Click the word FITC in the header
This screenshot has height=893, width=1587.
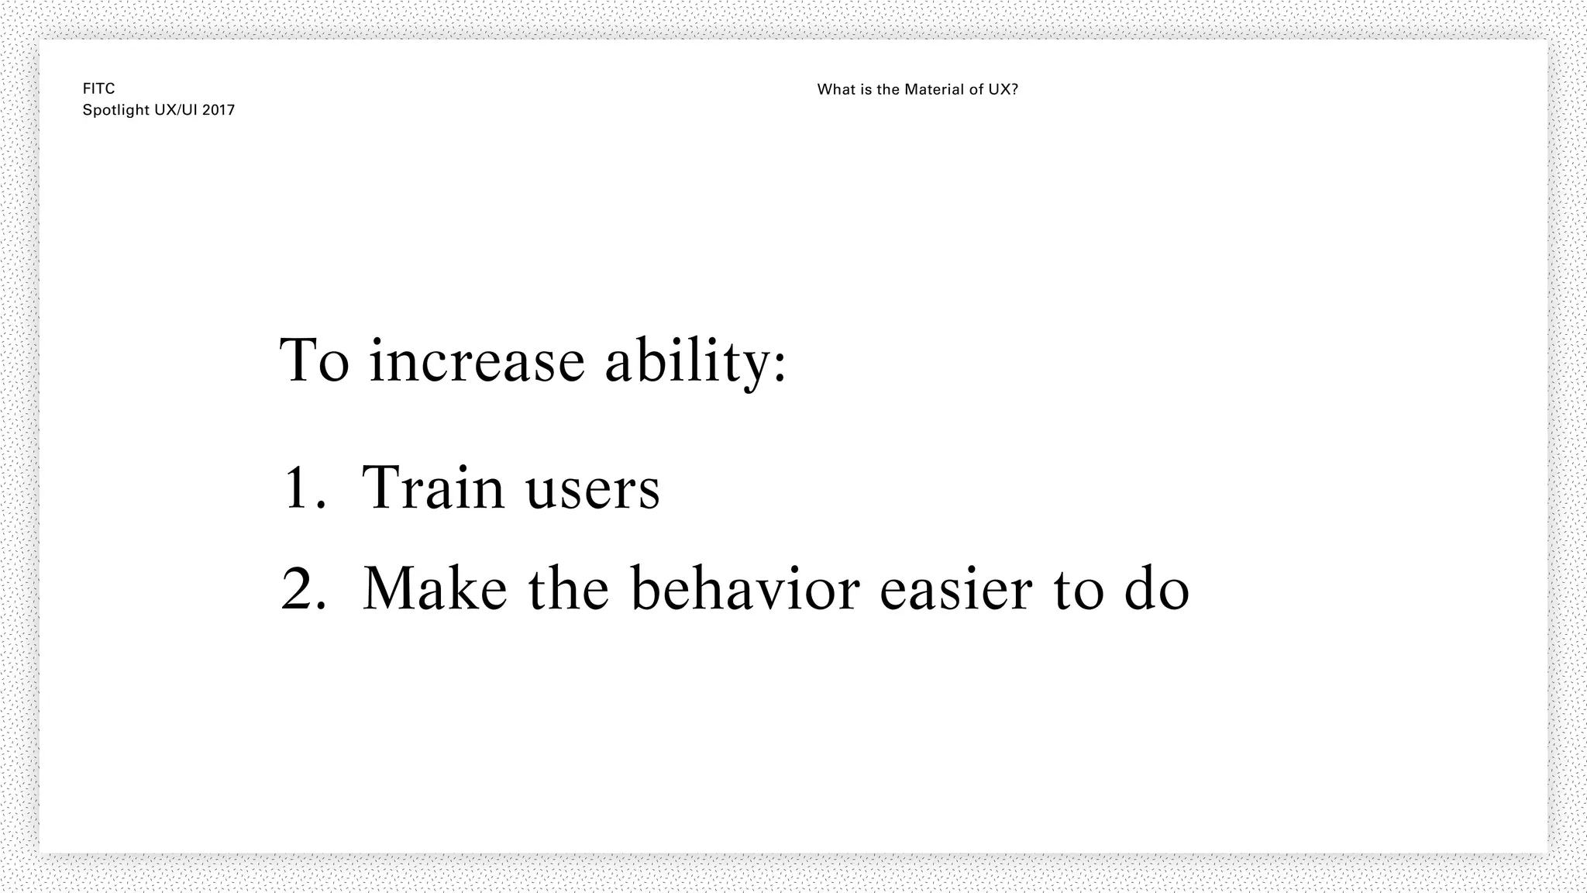point(98,89)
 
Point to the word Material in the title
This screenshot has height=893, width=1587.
point(933,90)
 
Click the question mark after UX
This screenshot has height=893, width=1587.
point(1014,90)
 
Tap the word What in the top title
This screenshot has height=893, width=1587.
point(834,90)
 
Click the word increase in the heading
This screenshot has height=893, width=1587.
point(477,361)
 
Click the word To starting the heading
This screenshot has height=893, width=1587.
point(314,361)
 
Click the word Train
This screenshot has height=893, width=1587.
point(433,488)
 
